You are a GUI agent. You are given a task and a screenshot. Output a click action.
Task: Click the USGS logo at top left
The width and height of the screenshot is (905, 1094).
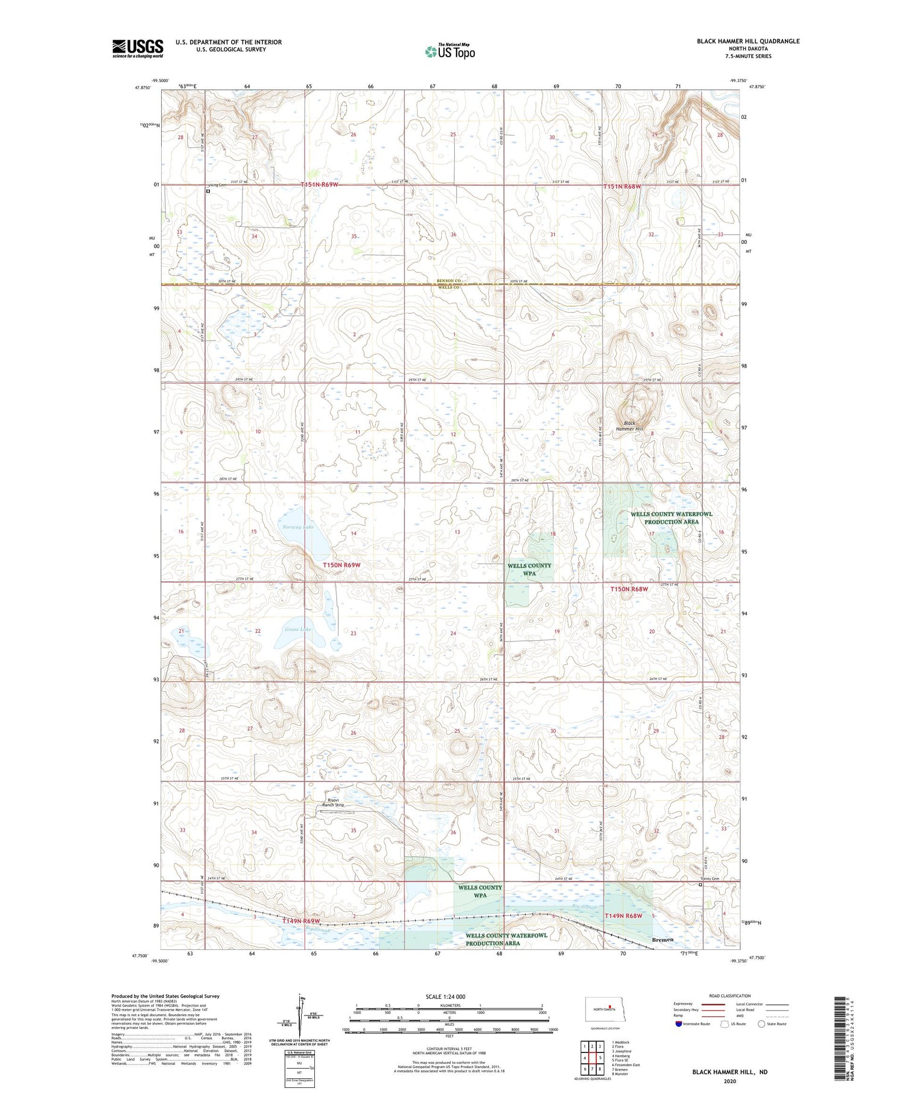tap(138, 48)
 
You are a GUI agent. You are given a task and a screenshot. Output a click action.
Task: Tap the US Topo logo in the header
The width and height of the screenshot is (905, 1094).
tap(450, 51)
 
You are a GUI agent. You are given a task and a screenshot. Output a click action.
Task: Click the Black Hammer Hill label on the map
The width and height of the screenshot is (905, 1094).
tap(629, 426)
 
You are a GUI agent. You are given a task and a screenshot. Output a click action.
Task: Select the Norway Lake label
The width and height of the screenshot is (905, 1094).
tap(298, 527)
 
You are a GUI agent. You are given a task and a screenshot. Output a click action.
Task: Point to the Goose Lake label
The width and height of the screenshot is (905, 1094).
tap(298, 629)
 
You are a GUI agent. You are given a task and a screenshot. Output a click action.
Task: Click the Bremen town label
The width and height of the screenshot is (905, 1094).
tap(663, 940)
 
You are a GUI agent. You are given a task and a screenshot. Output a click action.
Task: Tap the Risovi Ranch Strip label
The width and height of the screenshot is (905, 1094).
tap(333, 802)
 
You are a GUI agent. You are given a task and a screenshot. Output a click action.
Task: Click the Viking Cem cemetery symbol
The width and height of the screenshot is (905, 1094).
tap(208, 191)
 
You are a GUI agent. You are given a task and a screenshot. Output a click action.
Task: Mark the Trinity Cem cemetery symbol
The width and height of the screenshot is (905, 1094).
tap(700, 885)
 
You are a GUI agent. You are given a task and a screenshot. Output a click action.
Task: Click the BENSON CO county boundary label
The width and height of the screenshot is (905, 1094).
tap(449, 281)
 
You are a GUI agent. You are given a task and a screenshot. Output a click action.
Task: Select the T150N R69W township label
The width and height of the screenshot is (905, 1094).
tap(341, 565)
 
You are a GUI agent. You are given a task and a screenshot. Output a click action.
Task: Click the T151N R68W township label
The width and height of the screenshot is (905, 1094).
tap(621, 187)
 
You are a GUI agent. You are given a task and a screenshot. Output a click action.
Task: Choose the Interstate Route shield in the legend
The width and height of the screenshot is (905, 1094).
tap(679, 1024)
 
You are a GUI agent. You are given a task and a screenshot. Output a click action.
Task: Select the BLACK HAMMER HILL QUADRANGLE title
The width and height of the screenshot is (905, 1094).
tap(748, 41)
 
